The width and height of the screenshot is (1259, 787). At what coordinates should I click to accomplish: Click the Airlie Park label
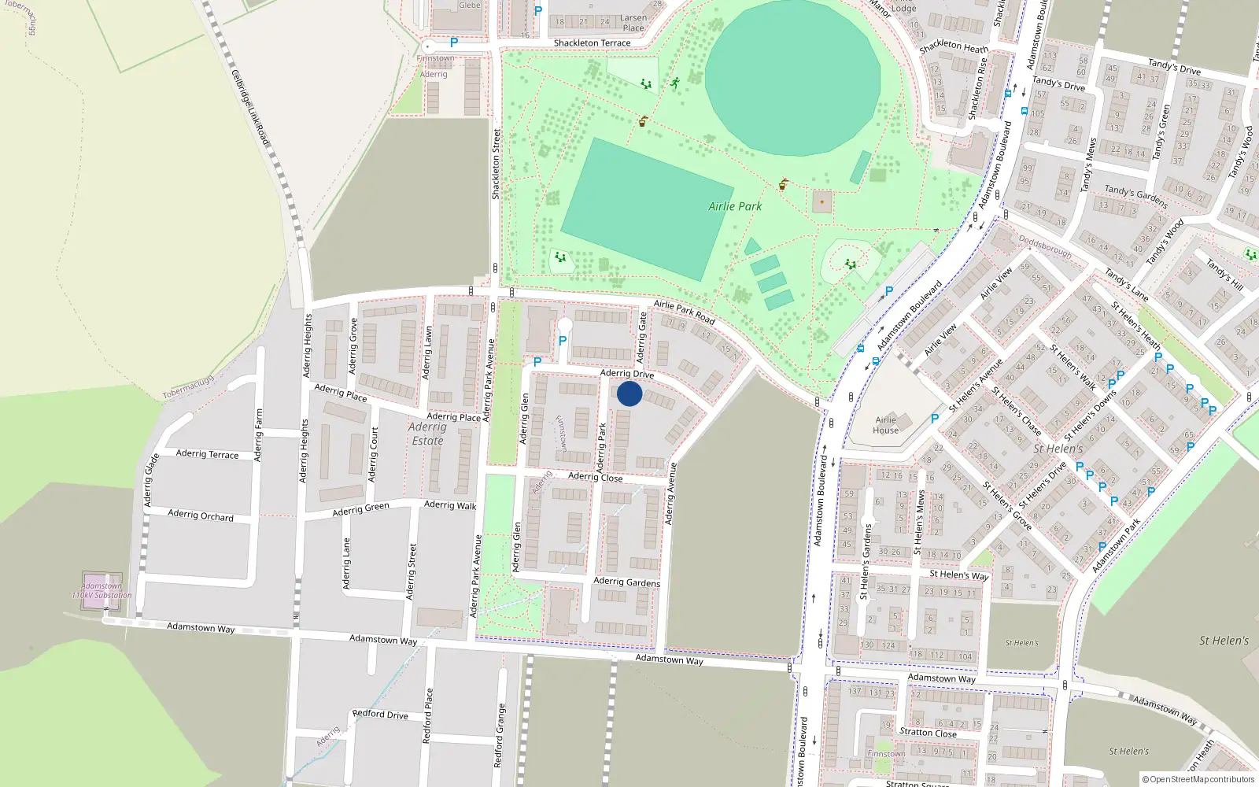pyautogui.click(x=735, y=206)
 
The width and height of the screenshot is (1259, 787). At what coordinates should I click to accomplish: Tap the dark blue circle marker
pyautogui.click(x=629, y=393)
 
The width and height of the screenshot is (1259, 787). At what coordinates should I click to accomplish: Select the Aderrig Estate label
pyautogui.click(x=427, y=434)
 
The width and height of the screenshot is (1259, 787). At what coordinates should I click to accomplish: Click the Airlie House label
pyautogui.click(x=885, y=425)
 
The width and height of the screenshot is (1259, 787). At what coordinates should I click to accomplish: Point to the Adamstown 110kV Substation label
pyautogui.click(x=102, y=590)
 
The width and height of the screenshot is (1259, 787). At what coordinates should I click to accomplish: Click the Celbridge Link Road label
pyautogui.click(x=250, y=108)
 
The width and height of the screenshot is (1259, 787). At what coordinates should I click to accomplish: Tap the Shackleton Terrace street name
pyautogui.click(x=592, y=43)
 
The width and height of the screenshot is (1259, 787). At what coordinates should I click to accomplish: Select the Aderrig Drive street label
pyautogui.click(x=627, y=373)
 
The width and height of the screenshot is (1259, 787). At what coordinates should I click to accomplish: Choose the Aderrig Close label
pyautogui.click(x=595, y=477)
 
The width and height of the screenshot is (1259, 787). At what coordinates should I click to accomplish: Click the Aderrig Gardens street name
pyautogui.click(x=626, y=582)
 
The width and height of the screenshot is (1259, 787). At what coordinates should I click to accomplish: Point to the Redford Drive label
pyautogui.click(x=380, y=715)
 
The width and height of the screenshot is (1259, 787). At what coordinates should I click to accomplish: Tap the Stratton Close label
pyautogui.click(x=928, y=733)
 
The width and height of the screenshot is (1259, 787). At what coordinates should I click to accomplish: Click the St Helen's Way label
pyautogui.click(x=958, y=575)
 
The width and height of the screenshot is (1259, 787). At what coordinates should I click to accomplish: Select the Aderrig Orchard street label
pyautogui.click(x=201, y=515)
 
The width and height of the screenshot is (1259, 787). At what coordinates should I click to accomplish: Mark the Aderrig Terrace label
pyautogui.click(x=207, y=454)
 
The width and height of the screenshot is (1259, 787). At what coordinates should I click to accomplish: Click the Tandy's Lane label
pyautogui.click(x=1126, y=285)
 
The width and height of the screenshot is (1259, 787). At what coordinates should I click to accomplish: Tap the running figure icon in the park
pyautogui.click(x=674, y=83)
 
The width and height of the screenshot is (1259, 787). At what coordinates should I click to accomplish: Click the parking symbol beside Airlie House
pyautogui.click(x=935, y=419)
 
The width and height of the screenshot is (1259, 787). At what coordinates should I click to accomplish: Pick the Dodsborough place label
pyautogui.click(x=1045, y=246)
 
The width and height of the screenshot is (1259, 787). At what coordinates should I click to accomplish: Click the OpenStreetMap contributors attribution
pyautogui.click(x=1198, y=779)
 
